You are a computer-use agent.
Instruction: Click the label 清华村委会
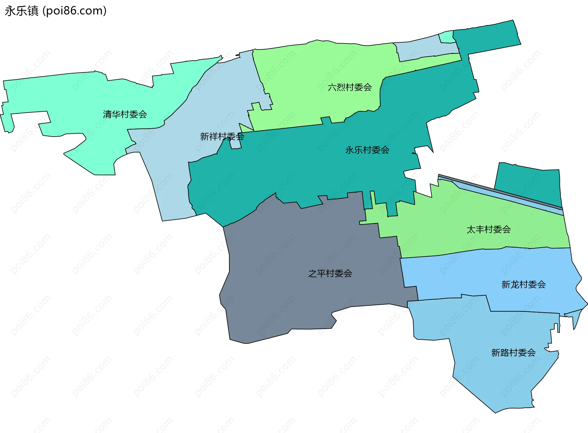[125, 114]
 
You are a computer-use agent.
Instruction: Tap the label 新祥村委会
[222, 136]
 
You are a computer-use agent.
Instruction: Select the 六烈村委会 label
[350, 88]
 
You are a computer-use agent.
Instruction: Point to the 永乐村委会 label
[367, 150]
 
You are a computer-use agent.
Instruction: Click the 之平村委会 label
[330, 274]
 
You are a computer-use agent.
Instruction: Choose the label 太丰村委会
[488, 230]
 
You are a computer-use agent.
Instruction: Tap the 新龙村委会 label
[523, 285]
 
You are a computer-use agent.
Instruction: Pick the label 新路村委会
[513, 353]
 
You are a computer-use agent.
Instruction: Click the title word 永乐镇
[21, 11]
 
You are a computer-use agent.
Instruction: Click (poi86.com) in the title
[74, 11]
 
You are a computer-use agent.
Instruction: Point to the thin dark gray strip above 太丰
[499, 191]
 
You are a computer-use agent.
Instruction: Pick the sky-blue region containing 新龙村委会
[490, 275]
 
